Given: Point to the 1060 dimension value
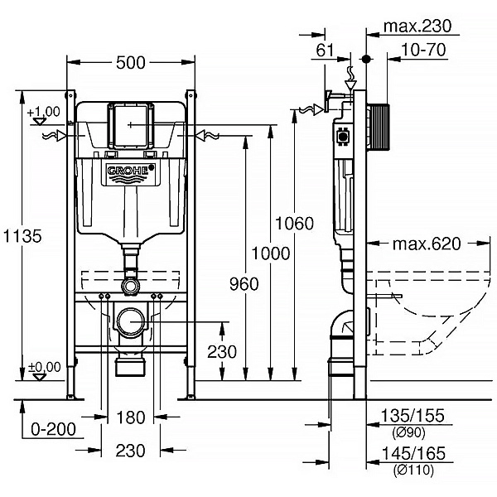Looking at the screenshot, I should click(x=296, y=224).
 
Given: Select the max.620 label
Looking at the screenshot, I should click(x=427, y=244).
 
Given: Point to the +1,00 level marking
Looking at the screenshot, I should click(x=43, y=112).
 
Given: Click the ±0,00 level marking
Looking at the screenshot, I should click(x=44, y=365).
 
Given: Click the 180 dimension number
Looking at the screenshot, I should click(x=130, y=417).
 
